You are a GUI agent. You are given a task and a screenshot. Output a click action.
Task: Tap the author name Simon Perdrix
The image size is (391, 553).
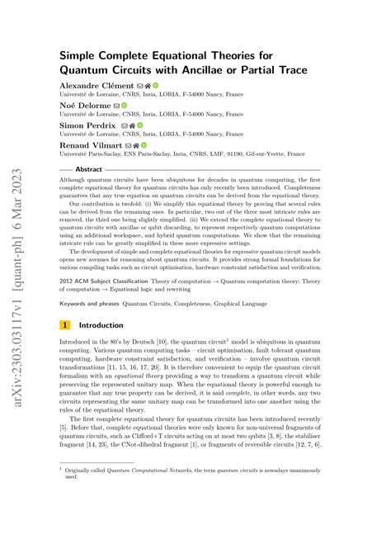tap(87, 125)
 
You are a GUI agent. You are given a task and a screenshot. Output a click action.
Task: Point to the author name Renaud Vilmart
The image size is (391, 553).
tap(91, 145)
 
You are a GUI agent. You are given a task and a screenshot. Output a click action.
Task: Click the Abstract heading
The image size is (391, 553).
tap(88, 169)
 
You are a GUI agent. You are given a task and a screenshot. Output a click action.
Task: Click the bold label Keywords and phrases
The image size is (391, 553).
tap(88, 303)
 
